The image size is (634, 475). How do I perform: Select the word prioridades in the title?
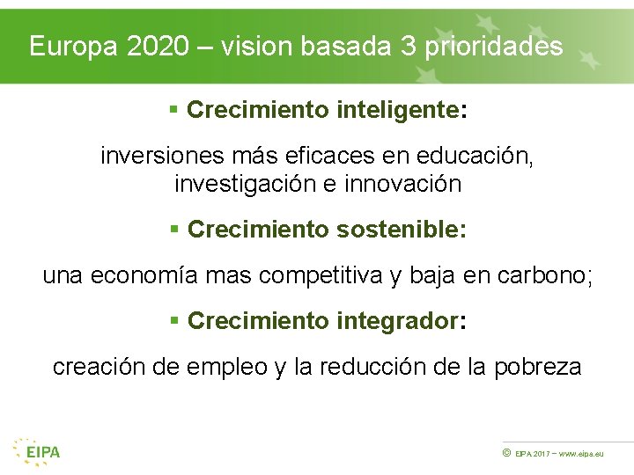point(494,47)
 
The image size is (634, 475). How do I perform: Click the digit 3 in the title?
point(408,47)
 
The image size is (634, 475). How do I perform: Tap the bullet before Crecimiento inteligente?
point(174,111)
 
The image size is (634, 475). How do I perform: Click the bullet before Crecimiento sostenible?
point(174,230)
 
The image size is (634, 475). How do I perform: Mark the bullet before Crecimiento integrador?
point(174,322)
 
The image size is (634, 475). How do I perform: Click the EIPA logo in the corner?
point(37,450)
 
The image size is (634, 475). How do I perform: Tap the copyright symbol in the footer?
point(506,452)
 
